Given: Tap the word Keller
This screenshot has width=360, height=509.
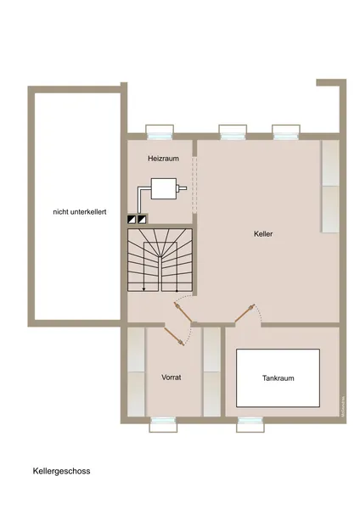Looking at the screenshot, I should point(262,233).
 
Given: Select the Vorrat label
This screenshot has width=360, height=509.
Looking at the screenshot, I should point(172,377).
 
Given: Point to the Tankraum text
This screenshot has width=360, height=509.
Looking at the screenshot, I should point(278,378).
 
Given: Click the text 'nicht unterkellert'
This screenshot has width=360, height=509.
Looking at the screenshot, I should point(79,213).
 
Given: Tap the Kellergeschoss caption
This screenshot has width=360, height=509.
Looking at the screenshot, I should point(61,470).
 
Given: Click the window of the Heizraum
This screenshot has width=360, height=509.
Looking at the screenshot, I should point(160,131).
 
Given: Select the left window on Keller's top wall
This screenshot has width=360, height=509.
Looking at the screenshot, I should point(233,131).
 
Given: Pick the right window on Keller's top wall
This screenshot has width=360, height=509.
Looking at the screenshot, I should point(285,131).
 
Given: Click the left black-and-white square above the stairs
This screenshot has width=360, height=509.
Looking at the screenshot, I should point(131,217).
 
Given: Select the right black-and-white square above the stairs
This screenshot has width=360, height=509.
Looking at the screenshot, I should point(143,217).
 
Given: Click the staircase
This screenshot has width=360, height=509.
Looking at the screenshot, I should point(160,258).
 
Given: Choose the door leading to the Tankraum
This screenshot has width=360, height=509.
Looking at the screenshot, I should point(245,315).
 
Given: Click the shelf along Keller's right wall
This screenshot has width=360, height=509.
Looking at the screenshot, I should point(330,187).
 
